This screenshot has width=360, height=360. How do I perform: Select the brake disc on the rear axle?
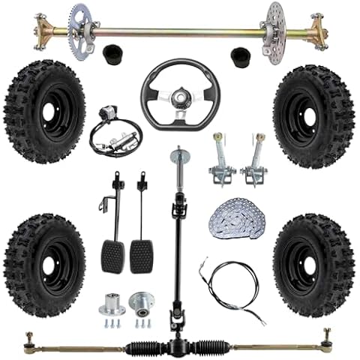point(275,22)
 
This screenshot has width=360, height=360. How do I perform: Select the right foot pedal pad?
point(142,256)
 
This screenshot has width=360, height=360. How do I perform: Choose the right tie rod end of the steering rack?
point(328,336)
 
